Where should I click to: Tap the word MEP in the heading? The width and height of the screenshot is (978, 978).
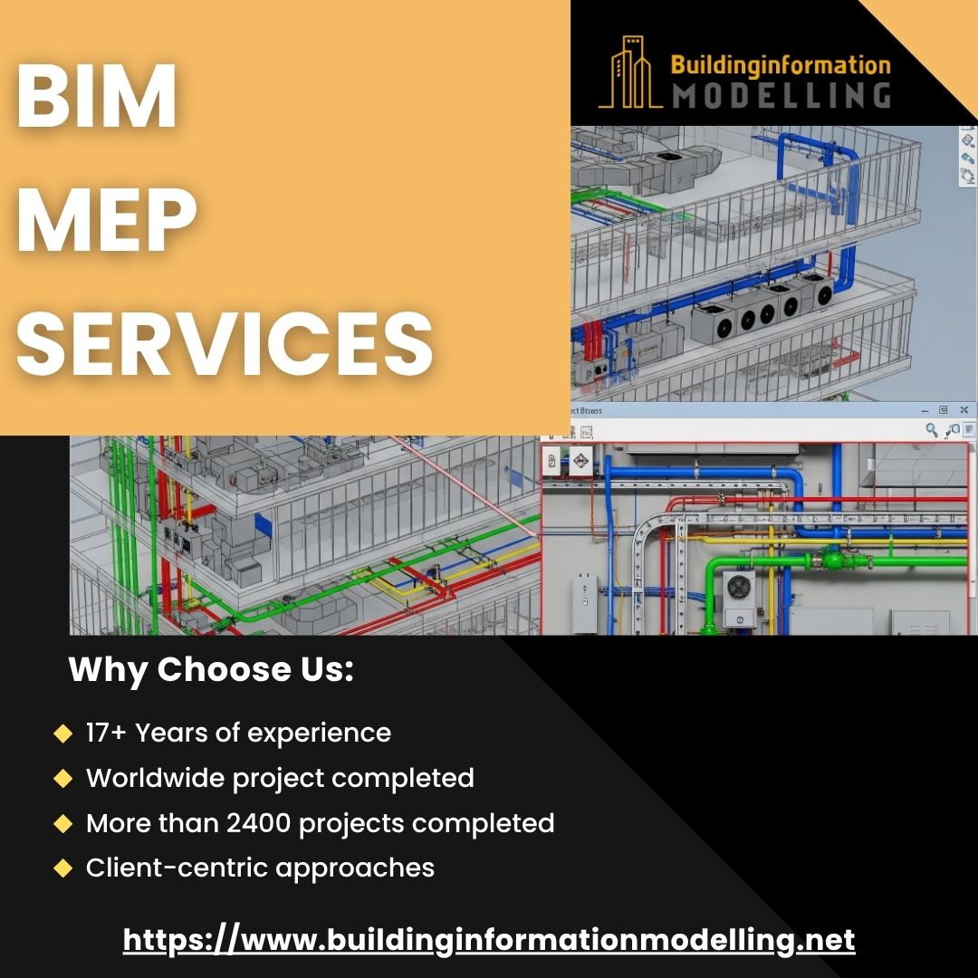click(x=107, y=219)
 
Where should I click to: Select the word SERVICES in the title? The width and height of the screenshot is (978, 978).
click(x=225, y=343)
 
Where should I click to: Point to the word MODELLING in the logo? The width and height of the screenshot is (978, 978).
click(x=781, y=96)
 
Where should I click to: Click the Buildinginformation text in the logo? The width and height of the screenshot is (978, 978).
click(x=781, y=65)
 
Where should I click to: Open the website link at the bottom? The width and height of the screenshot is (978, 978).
click(x=489, y=940)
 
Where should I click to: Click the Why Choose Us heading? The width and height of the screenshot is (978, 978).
click(x=211, y=670)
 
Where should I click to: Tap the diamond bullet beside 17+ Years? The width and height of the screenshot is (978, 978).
click(x=63, y=733)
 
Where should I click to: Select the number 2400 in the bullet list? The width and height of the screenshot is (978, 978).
click(x=258, y=823)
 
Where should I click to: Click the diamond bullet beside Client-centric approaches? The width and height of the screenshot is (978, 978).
click(x=63, y=868)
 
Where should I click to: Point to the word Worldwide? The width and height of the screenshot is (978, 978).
click(x=155, y=778)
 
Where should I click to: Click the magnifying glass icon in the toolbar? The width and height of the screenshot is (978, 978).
click(x=931, y=429)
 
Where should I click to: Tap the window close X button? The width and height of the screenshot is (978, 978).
click(x=964, y=410)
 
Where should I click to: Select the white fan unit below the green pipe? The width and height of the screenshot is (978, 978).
click(x=739, y=599)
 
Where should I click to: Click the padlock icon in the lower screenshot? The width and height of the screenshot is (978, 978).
click(x=552, y=461)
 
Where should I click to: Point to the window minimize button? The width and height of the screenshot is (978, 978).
click(x=925, y=410)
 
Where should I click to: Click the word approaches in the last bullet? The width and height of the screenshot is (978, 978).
click(x=355, y=868)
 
